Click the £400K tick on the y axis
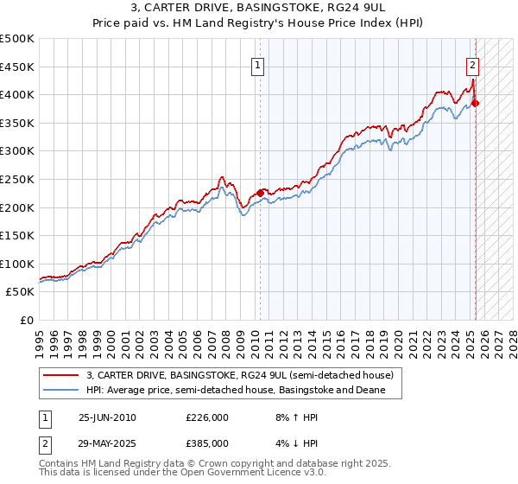[17, 94]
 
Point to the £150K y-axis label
[17, 235]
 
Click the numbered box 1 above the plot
[258, 63]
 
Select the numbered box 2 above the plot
[473, 63]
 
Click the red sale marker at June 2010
[260, 193]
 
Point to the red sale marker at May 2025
[476, 103]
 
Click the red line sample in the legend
[61, 375]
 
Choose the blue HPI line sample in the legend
[61, 391]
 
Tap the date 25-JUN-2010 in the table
[107, 417]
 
